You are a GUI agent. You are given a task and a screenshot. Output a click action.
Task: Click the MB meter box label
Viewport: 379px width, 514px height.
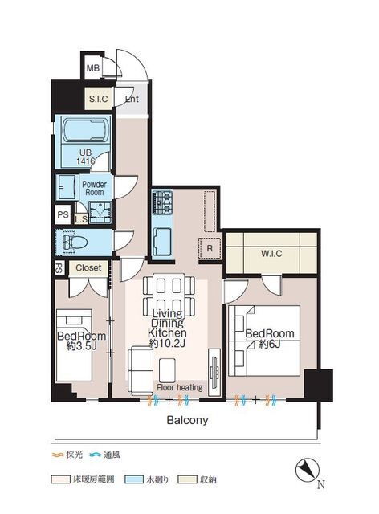(x=93, y=68)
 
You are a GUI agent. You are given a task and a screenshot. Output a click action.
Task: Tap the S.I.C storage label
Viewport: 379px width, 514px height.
(x=98, y=99)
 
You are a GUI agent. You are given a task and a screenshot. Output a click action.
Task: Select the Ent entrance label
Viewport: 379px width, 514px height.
(x=132, y=99)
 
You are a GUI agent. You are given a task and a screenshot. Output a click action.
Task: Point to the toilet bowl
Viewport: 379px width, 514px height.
(x=77, y=243)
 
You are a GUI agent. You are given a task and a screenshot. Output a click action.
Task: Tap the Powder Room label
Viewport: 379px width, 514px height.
(x=94, y=188)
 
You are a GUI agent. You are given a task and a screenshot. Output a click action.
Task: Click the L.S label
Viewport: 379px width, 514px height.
(x=81, y=219)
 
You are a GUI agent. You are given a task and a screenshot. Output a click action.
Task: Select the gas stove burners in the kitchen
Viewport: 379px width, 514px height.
(x=163, y=202)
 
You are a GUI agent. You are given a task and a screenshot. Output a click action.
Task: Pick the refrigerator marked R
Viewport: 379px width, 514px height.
(x=210, y=248)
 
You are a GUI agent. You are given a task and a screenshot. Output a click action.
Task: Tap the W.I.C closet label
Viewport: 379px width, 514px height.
(x=271, y=254)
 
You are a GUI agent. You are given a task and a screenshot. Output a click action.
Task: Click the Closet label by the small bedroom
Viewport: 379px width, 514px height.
(x=88, y=267)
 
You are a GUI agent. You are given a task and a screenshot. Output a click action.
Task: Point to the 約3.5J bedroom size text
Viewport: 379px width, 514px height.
(x=81, y=346)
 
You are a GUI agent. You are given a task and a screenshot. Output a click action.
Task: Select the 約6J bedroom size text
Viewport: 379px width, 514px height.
(x=270, y=345)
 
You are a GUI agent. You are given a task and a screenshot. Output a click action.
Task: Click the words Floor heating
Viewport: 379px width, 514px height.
(x=180, y=387)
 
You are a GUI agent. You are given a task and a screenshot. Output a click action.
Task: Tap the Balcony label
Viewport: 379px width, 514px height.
(x=187, y=420)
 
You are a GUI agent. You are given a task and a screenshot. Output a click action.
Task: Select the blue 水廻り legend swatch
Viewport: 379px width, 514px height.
(x=134, y=479)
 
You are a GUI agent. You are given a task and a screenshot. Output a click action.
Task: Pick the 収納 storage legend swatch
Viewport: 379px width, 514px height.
(x=187, y=479)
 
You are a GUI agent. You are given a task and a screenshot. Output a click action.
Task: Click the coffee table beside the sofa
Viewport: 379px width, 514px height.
(x=168, y=370)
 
